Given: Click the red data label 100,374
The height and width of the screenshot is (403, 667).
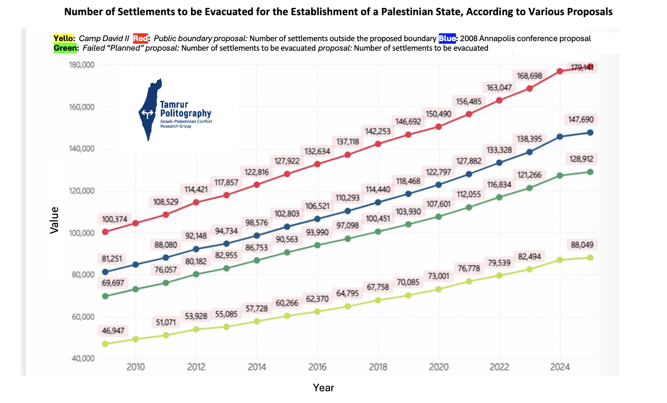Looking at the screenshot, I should pyautogui.click(x=114, y=219).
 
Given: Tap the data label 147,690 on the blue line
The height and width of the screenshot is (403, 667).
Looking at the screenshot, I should pyautogui.click(x=581, y=120).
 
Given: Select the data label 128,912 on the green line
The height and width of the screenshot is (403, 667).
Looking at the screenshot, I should pyautogui.click(x=582, y=159).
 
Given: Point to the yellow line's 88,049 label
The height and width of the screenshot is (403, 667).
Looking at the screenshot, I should pyautogui.click(x=582, y=245).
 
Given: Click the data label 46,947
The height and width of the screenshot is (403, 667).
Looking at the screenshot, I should pyautogui.click(x=113, y=331).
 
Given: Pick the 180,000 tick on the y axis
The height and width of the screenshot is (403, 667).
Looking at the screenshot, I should pyautogui.click(x=82, y=65).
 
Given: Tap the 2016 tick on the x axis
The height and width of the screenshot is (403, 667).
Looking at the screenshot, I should pyautogui.click(x=317, y=367).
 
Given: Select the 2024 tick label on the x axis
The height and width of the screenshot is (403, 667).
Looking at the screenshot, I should pyautogui.click(x=560, y=367).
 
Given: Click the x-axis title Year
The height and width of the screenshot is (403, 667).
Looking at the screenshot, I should pyautogui.click(x=324, y=388).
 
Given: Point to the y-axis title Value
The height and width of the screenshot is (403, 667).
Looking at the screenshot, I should pyautogui.click(x=55, y=221).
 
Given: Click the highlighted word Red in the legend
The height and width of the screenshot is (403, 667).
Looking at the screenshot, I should pyautogui.click(x=140, y=39).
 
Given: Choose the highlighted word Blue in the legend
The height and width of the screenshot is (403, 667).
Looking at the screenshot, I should pyautogui.click(x=447, y=39).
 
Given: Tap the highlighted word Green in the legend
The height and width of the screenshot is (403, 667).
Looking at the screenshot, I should pyautogui.click(x=65, y=48).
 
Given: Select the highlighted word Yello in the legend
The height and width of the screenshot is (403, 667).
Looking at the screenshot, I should pyautogui.click(x=63, y=39).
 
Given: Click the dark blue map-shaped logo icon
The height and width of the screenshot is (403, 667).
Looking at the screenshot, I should pyautogui.click(x=150, y=110).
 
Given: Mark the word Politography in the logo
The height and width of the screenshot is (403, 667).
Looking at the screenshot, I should pyautogui.click(x=186, y=114).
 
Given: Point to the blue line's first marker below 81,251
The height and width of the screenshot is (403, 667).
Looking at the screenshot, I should pyautogui.click(x=105, y=272).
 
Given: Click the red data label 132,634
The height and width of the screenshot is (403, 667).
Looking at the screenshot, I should pyautogui.click(x=317, y=152).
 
